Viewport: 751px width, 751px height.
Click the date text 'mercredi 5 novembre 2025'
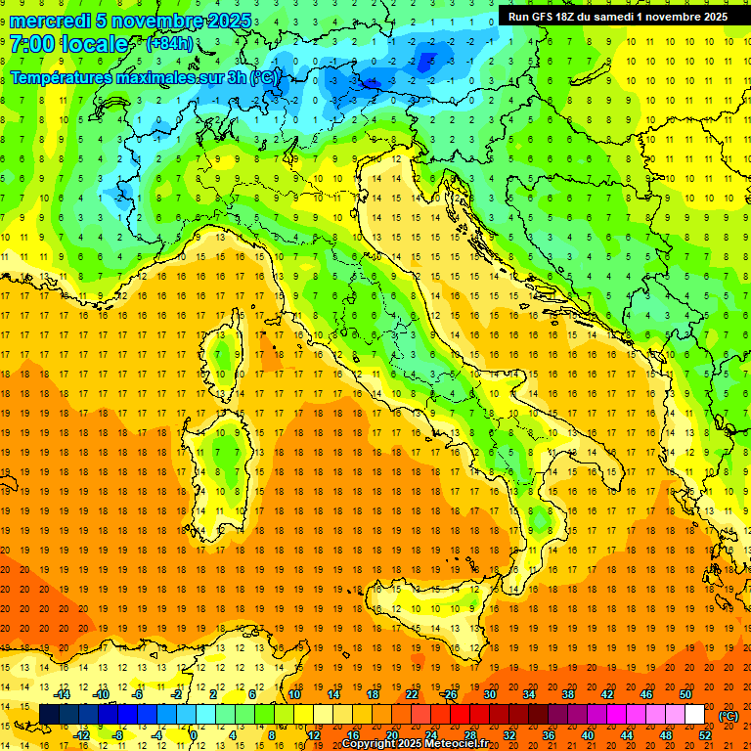[131, 21]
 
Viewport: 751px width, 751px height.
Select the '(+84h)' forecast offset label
[169, 44]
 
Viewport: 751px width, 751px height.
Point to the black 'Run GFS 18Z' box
[617, 17]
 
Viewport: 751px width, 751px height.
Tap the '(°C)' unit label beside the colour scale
[729, 716]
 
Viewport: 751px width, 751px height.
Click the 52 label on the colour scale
[705, 734]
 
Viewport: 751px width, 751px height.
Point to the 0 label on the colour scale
[194, 734]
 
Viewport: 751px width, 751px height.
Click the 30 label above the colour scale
[489, 694]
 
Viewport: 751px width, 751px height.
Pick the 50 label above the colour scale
[685, 694]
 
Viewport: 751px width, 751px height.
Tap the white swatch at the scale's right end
[695, 715]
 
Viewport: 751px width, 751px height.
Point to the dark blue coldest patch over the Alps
[426, 61]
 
